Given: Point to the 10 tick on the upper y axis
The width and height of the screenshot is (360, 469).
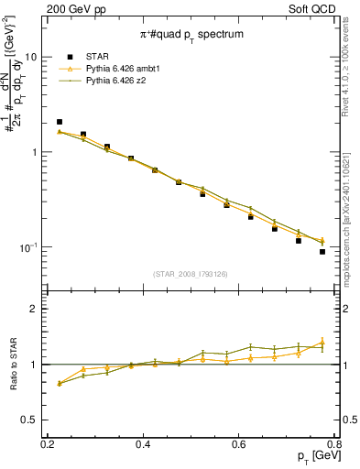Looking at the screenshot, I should point(32,57).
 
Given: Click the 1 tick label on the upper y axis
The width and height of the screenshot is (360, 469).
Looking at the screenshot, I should point(37,152).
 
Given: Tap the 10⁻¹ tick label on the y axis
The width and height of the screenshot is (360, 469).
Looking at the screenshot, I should point(29,247).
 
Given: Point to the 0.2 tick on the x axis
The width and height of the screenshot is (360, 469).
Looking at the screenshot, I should point(48,443).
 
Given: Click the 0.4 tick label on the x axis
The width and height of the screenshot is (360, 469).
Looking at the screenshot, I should point(143,443).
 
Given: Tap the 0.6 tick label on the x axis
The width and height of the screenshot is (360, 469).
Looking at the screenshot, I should point(238,443).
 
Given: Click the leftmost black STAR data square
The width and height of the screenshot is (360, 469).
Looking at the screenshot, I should point(60,122).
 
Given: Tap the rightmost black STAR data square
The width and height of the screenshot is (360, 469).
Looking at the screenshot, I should point(322,252).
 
